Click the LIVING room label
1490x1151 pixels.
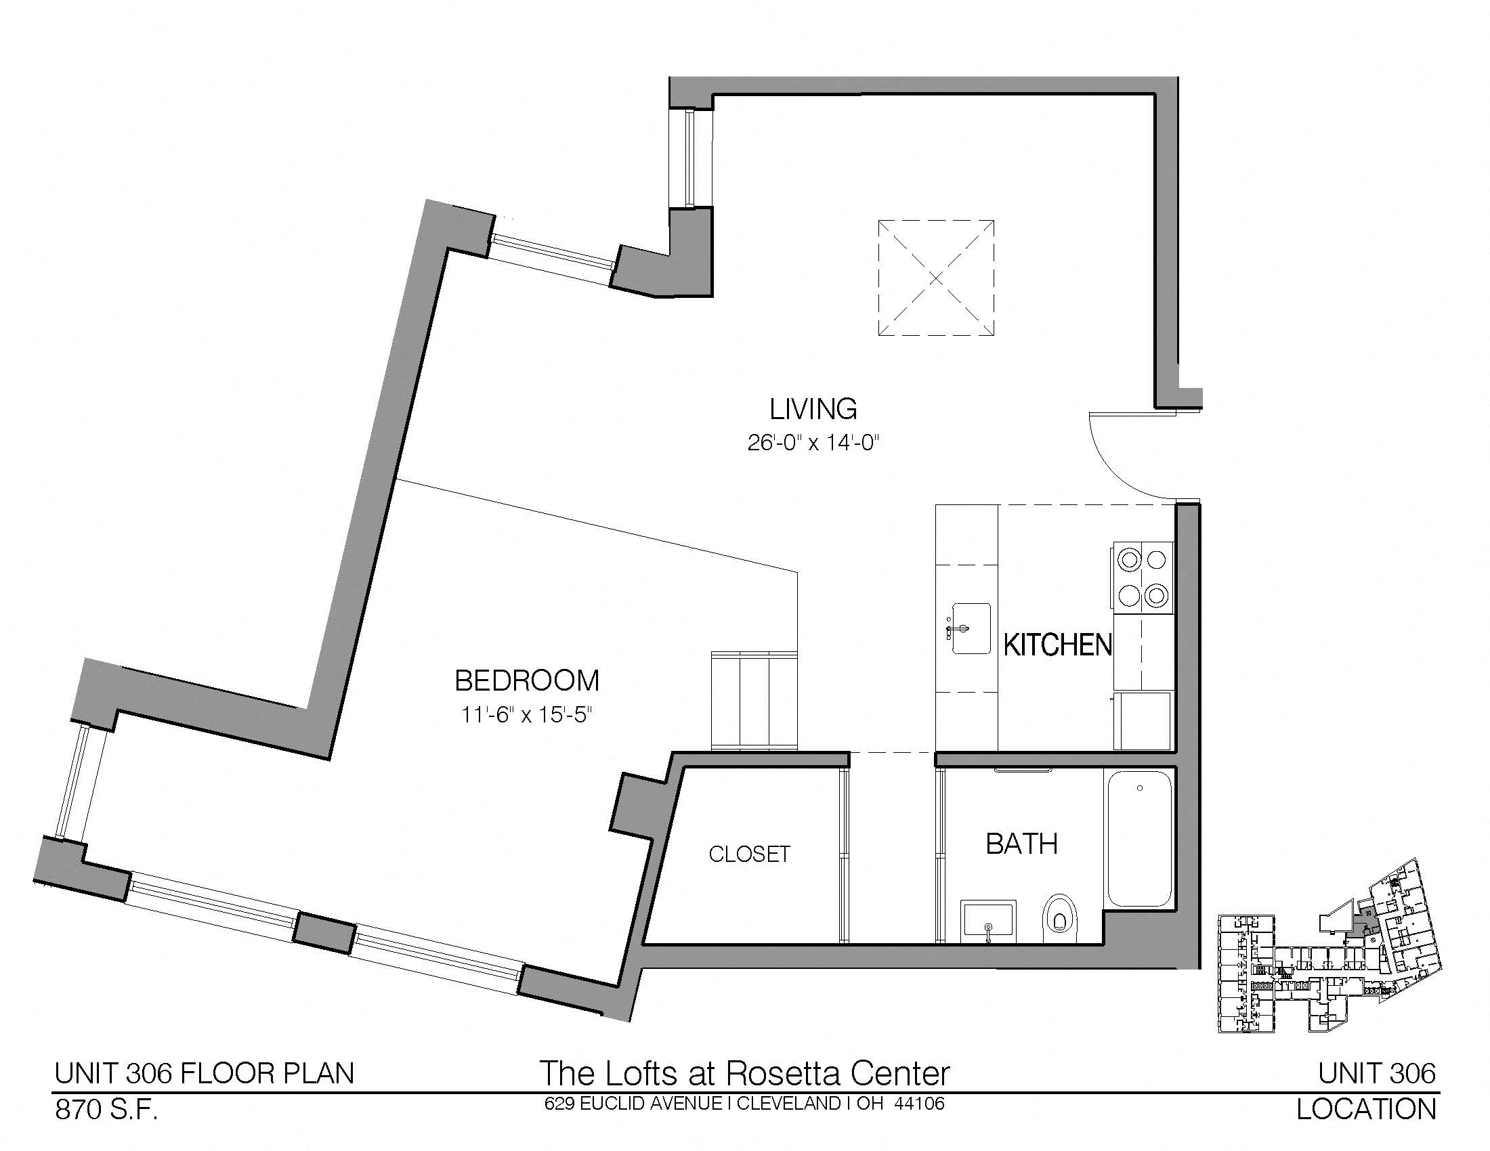[813, 409]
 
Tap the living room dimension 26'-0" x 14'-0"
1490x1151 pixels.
[813, 443]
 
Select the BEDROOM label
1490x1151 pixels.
[527, 680]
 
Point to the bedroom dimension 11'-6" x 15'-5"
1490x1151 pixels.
[526, 715]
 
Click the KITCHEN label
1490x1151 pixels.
[1057, 645]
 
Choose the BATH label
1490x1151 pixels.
[1022, 844]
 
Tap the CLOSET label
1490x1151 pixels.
[749, 854]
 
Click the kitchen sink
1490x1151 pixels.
[968, 628]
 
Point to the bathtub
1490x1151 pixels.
[1139, 838]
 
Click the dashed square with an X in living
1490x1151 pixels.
[935, 278]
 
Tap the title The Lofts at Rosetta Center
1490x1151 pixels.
[744, 1072]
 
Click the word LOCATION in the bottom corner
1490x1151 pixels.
[1367, 1110]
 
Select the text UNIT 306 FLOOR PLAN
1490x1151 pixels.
[205, 1073]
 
